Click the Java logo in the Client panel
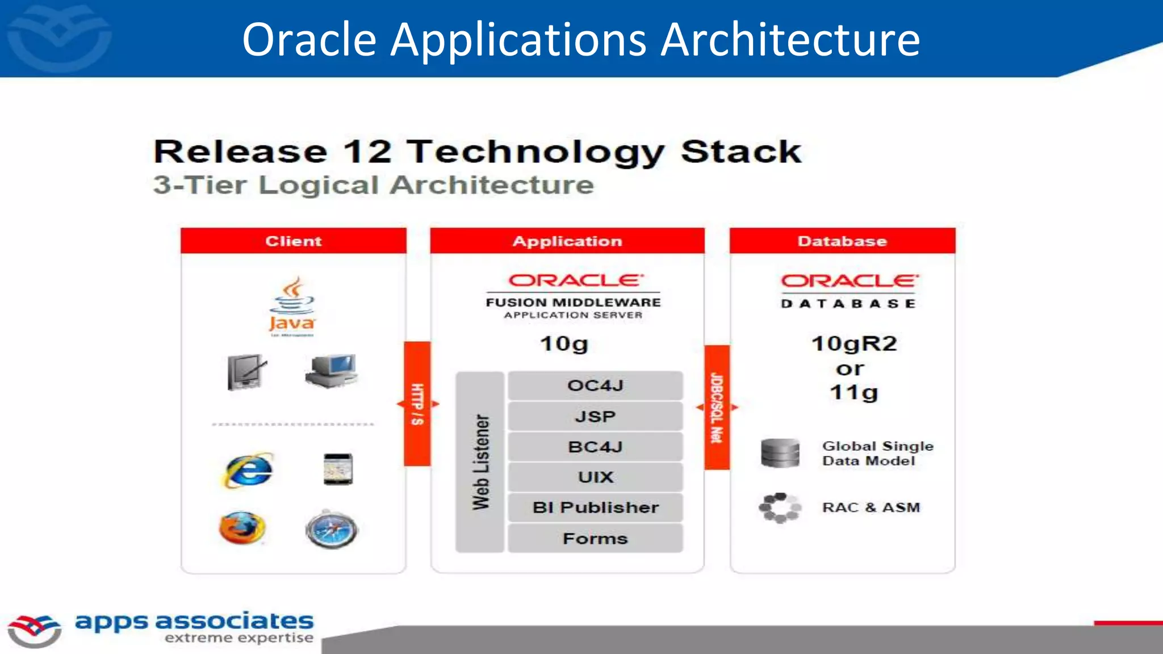292,307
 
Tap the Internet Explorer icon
248,470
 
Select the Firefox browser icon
242,528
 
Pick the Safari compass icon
332,529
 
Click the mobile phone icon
338,469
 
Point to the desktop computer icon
333,371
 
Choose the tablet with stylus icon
246,372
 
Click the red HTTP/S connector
417,404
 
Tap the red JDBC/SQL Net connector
717,407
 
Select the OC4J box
595,385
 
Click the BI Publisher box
595,507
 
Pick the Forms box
595,538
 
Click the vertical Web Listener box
480,462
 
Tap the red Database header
842,241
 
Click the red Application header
567,241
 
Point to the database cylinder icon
780,453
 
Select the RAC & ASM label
871,507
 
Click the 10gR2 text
854,343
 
